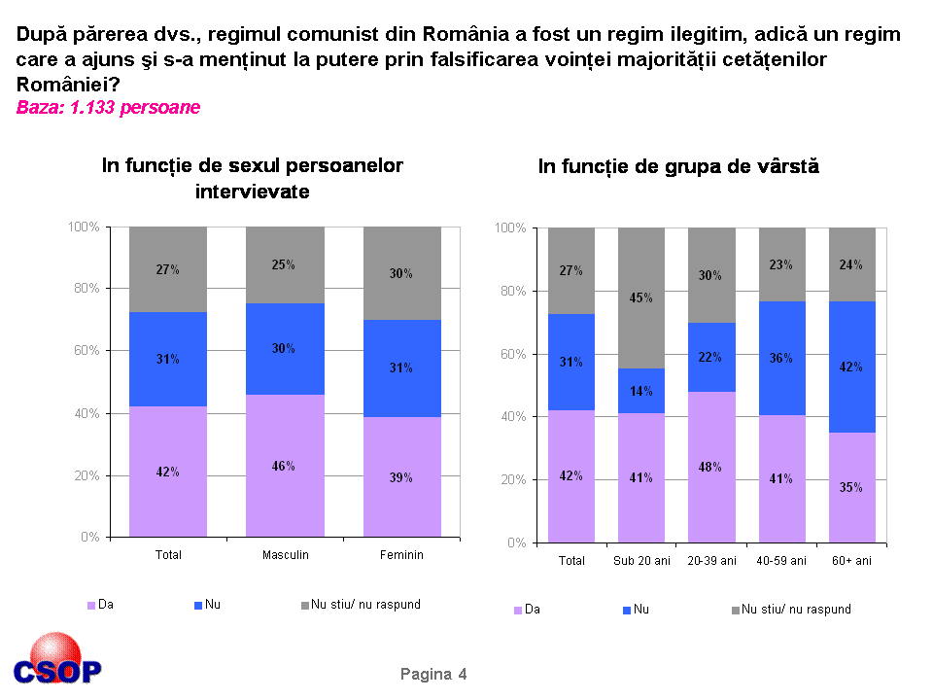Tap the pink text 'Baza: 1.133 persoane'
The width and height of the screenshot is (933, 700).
108,108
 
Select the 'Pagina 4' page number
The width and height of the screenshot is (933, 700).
433,675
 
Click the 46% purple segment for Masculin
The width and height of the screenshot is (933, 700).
285,465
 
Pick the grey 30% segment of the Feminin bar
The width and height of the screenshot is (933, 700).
401,273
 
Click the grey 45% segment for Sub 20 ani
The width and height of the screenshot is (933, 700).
640,297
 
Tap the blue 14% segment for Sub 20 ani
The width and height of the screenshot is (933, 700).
640,391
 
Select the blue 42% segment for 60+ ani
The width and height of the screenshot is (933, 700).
852,367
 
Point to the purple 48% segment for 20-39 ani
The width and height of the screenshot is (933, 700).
711,467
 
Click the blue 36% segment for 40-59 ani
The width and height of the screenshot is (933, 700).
781,358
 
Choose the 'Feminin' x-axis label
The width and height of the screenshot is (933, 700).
401,555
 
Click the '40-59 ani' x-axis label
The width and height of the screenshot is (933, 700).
781,561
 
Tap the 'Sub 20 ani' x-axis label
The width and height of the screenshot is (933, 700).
640,561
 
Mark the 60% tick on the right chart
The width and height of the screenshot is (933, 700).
512,354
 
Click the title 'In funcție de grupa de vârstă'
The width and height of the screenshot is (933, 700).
678,166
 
